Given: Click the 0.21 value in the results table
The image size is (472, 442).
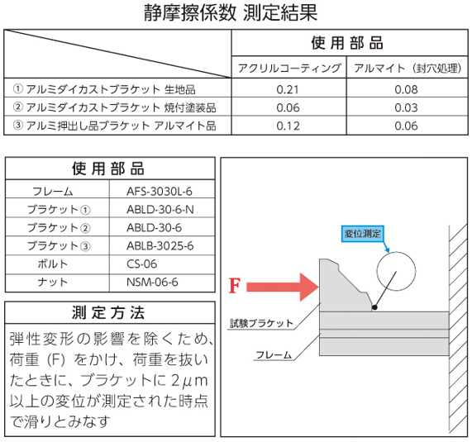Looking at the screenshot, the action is [288, 89].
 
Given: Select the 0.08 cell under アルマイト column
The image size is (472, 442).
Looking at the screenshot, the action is [407, 89].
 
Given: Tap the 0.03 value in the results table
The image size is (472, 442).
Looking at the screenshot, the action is [407, 107].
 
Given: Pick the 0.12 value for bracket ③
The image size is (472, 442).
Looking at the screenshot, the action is [288, 126].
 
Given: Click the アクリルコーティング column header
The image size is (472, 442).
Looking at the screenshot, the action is [289, 68].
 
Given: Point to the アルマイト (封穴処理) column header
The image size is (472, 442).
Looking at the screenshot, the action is [408, 68].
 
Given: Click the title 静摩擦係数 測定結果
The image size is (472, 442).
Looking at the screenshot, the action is [231, 13].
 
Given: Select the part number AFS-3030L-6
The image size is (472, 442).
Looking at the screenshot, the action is [160, 192].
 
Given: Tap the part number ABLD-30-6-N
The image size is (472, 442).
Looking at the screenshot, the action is [160, 209].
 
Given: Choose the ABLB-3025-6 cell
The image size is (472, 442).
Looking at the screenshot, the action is [160, 246].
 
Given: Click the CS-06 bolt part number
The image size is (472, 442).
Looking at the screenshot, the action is [142, 264].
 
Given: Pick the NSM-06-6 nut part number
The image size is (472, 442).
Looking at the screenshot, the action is [152, 282].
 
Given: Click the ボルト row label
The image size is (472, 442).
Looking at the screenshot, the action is [53, 264].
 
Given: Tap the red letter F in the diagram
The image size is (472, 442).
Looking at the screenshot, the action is [235, 286].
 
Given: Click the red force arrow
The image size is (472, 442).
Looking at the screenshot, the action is [283, 287].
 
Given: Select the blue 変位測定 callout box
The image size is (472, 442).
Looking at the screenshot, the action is [363, 234].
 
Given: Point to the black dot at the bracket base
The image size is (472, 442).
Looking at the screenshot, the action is [374, 307].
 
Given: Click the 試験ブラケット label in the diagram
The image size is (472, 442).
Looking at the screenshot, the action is [261, 323].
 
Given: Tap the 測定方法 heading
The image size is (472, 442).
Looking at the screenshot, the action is [108, 312].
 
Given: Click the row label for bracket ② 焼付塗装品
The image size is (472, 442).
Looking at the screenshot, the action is [114, 107].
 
